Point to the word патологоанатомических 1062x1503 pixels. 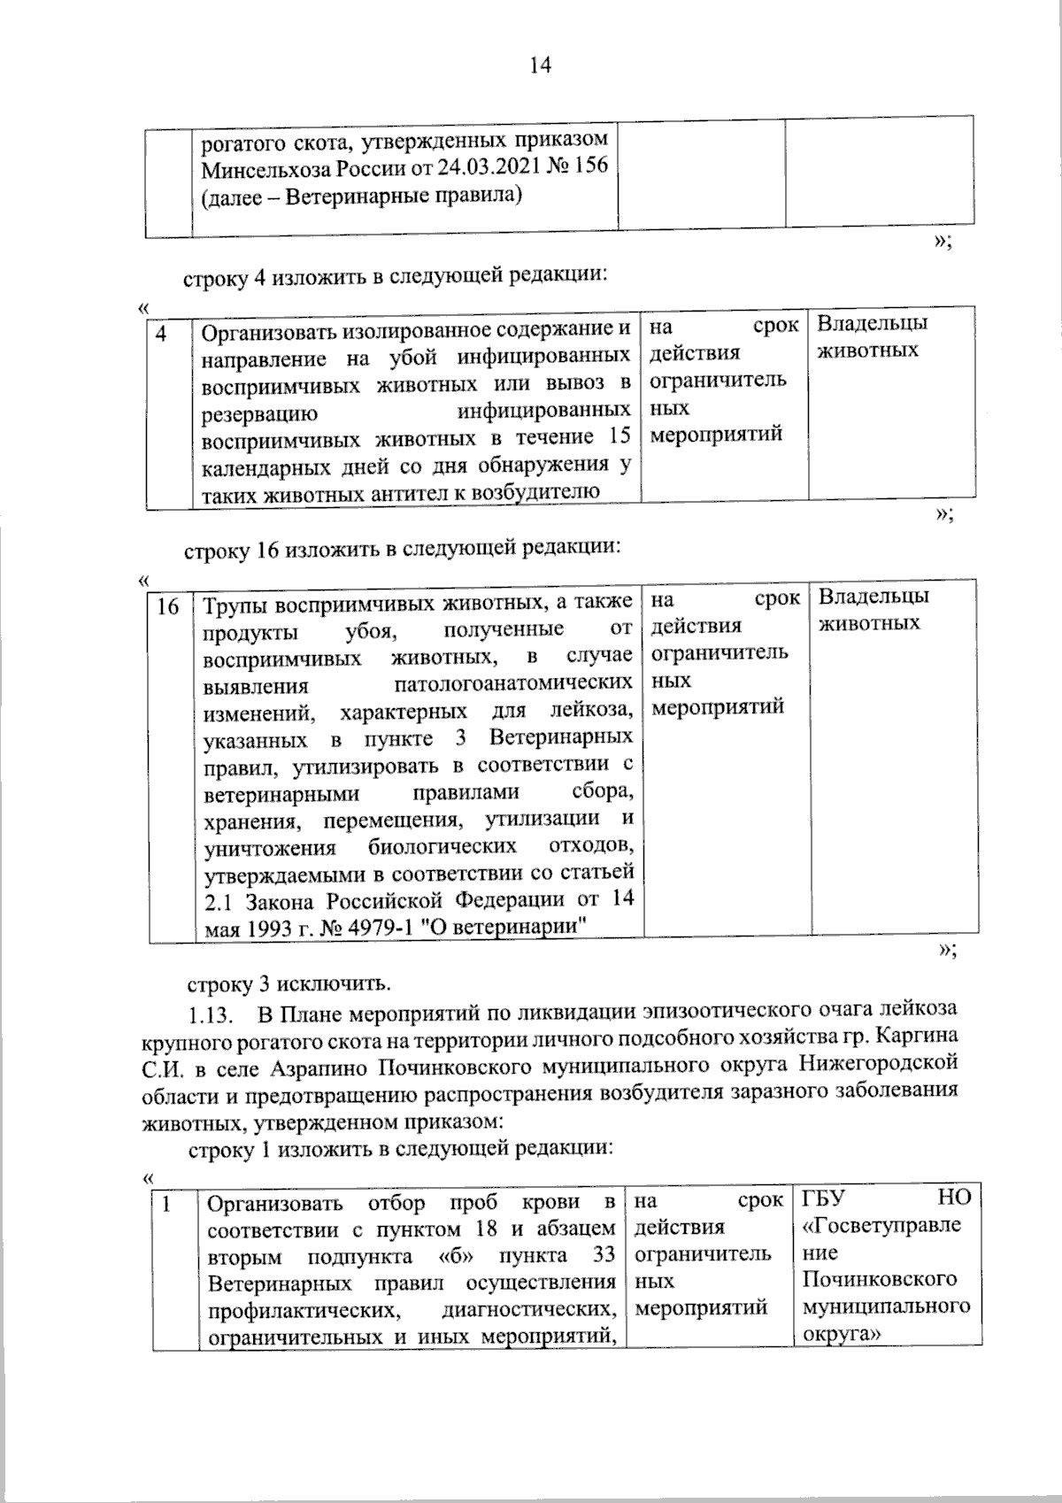coord(512,684)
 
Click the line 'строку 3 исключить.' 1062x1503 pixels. coord(287,983)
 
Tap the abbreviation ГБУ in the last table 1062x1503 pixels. coord(824,1199)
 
